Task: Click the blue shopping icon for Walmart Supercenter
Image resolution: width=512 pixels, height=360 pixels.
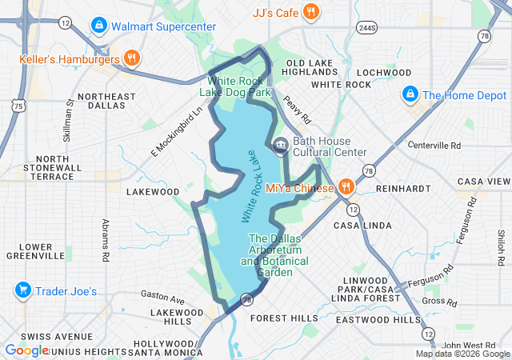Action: point(98,26)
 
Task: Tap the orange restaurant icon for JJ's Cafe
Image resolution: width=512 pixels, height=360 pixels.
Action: point(312,11)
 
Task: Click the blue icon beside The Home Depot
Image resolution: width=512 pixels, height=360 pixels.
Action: point(410,94)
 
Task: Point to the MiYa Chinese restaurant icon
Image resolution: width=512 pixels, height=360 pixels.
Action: point(346,187)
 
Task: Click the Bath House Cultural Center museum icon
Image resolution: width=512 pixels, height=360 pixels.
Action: point(281,146)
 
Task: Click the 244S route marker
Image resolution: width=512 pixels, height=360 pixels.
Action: point(367,28)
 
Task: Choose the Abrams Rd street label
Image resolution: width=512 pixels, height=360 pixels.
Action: point(105,241)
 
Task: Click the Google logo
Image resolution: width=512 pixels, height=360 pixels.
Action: point(26,350)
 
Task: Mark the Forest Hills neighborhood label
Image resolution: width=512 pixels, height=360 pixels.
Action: point(284,318)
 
